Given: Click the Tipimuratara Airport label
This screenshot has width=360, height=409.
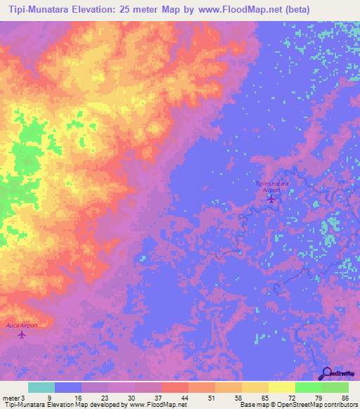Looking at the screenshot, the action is pos(271,186).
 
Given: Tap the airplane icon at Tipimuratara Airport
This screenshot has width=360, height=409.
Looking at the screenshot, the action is pos(271,199).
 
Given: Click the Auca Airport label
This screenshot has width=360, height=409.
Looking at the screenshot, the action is pos(21,325).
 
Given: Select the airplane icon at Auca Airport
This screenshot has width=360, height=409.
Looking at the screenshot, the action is pos(21,335).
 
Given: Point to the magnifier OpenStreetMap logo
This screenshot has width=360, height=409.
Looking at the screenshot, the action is pos(327,374).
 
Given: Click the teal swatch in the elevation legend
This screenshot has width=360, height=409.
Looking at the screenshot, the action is pos(41,387).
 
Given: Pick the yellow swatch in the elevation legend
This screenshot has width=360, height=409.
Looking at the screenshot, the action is pos(281,387).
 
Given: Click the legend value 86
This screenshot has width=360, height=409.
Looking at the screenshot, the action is pos(345,398).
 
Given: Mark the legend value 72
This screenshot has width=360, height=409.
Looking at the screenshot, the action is pos(292,398).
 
